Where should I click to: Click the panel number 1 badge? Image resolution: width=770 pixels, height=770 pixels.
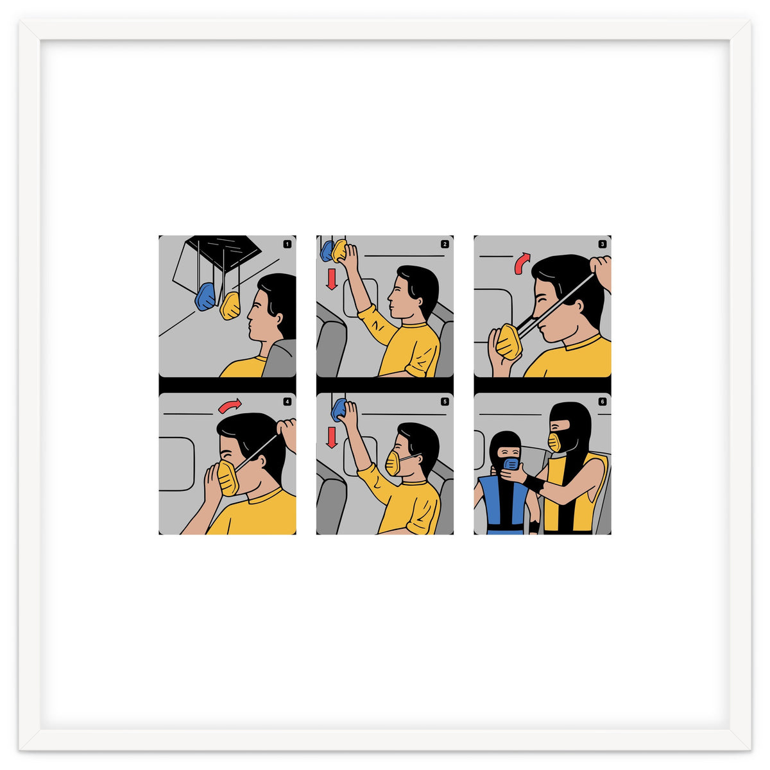(287, 244)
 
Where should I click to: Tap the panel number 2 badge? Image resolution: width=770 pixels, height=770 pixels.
(445, 244)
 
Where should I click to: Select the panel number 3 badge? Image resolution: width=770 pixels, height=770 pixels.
(602, 244)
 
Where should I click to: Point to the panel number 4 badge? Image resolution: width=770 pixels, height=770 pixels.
(287, 402)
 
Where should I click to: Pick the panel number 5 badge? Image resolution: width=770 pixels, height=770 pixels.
(445, 402)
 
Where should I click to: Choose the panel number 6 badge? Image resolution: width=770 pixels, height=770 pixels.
(602, 402)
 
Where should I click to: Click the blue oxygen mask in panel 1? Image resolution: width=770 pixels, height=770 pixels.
(205, 296)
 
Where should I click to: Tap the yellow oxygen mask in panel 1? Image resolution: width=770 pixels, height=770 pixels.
(230, 305)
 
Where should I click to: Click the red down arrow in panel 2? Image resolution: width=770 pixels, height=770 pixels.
(332, 279)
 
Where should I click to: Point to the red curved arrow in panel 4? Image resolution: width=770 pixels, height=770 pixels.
(230, 406)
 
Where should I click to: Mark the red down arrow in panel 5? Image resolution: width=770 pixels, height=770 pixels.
(332, 438)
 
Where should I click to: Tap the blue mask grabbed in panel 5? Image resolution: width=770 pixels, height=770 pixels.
(338, 409)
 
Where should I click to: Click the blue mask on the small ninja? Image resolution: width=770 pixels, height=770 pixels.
(511, 464)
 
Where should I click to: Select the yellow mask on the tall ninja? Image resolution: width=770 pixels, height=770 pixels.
(554, 442)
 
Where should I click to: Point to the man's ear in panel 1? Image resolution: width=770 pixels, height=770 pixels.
(279, 319)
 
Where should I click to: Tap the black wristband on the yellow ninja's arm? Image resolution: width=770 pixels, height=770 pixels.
(534, 484)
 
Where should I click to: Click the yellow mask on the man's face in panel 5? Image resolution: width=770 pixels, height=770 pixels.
(393, 463)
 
